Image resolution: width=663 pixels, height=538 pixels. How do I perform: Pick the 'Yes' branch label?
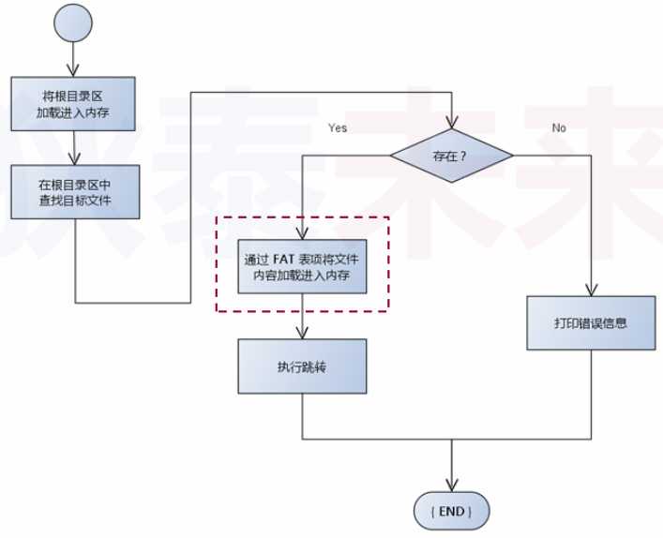pos(338,127)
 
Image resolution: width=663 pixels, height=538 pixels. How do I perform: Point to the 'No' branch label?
pos(559,127)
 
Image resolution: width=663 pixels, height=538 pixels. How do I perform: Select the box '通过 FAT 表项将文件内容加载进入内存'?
pos(303,267)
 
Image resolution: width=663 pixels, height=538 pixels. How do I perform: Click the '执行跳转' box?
pos(302,366)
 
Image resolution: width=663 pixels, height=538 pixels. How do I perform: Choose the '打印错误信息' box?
pos(591,324)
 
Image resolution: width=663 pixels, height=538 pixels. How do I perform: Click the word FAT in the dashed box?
pos(285,259)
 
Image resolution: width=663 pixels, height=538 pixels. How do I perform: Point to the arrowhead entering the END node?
pos(452,485)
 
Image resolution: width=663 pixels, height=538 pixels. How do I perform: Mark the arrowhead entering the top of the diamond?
pos(452,127)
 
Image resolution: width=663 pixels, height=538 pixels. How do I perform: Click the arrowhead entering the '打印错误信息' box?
pos(591,291)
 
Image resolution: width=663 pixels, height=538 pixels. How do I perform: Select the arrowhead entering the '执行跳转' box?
pos(302,334)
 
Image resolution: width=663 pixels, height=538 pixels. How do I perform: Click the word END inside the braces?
pos(452,512)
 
